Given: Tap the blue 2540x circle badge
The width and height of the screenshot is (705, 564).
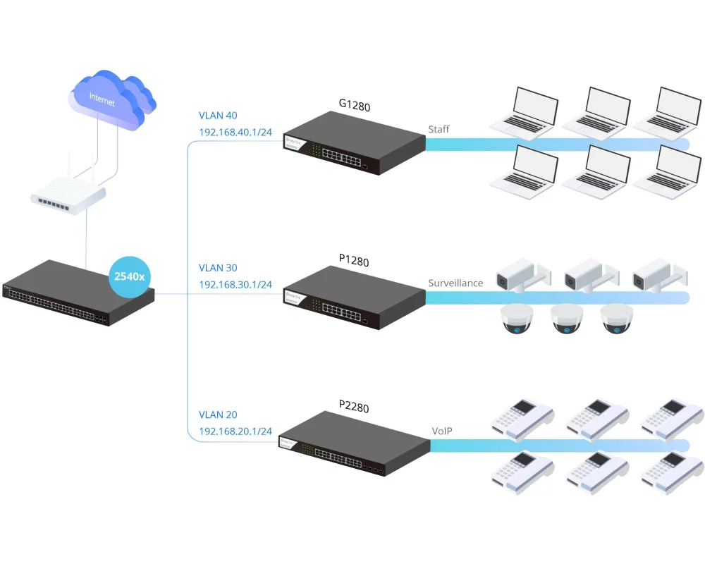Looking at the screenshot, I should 130,276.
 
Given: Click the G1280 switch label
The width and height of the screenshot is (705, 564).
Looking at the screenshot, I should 354,106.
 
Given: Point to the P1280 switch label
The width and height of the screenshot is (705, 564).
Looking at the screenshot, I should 354,261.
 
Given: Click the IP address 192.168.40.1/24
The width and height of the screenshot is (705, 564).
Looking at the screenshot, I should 235,132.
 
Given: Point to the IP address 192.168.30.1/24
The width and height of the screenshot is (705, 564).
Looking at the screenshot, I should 235,284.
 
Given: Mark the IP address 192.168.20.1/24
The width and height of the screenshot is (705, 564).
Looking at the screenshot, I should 235,431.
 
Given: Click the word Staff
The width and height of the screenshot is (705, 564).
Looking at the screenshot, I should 439,130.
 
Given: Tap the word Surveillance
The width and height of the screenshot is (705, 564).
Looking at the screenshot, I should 455,283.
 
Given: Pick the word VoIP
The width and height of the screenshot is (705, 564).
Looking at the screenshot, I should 442,430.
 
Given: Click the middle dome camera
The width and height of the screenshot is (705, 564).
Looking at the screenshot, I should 568,319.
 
